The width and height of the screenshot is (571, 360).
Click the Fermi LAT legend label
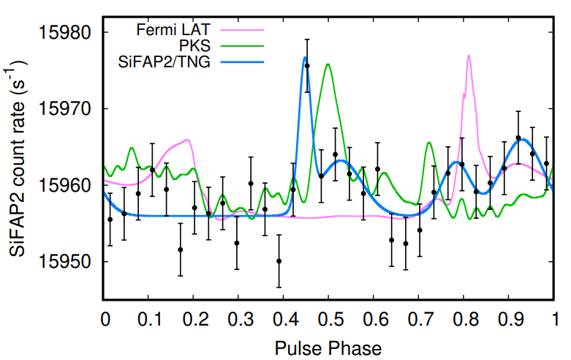[x=174, y=31]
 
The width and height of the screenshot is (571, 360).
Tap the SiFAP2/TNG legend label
[x=165, y=63]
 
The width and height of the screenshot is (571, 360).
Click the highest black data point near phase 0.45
[x=307, y=66]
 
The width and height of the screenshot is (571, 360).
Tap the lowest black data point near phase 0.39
[x=279, y=261]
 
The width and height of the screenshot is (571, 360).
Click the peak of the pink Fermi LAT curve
[x=468, y=56]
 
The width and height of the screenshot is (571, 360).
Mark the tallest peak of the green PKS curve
[x=328, y=64]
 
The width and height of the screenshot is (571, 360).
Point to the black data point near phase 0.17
[x=181, y=250]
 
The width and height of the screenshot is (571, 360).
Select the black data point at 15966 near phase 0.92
[x=518, y=138]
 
